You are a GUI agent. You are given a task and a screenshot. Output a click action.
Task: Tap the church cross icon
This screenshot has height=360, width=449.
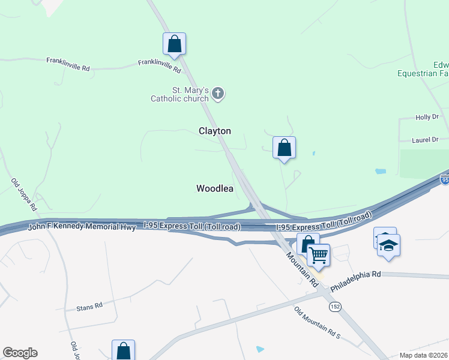218,94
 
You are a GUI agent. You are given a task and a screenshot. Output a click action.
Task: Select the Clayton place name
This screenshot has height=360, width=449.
215,131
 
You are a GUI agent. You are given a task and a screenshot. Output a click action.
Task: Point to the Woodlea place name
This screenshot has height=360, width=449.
215,188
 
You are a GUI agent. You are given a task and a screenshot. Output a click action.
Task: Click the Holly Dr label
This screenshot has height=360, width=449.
427,118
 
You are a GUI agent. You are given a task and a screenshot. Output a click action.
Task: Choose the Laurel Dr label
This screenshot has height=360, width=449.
426,140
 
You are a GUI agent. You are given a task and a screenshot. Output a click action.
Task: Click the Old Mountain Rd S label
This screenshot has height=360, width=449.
317,322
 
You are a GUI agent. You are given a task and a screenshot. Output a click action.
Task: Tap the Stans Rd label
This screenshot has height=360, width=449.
89,306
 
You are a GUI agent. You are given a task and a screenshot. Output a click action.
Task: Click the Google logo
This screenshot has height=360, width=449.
20,353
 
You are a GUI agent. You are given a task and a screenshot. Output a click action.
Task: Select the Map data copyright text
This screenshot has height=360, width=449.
424,355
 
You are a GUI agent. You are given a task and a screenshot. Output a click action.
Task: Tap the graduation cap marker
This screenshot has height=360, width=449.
389,245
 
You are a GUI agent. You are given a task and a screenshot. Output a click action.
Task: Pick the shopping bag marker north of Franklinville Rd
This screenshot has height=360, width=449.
174,43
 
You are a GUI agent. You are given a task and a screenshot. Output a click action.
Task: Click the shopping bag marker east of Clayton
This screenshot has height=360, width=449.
284,148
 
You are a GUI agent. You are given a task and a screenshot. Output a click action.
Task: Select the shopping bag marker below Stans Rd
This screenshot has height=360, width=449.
123,350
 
